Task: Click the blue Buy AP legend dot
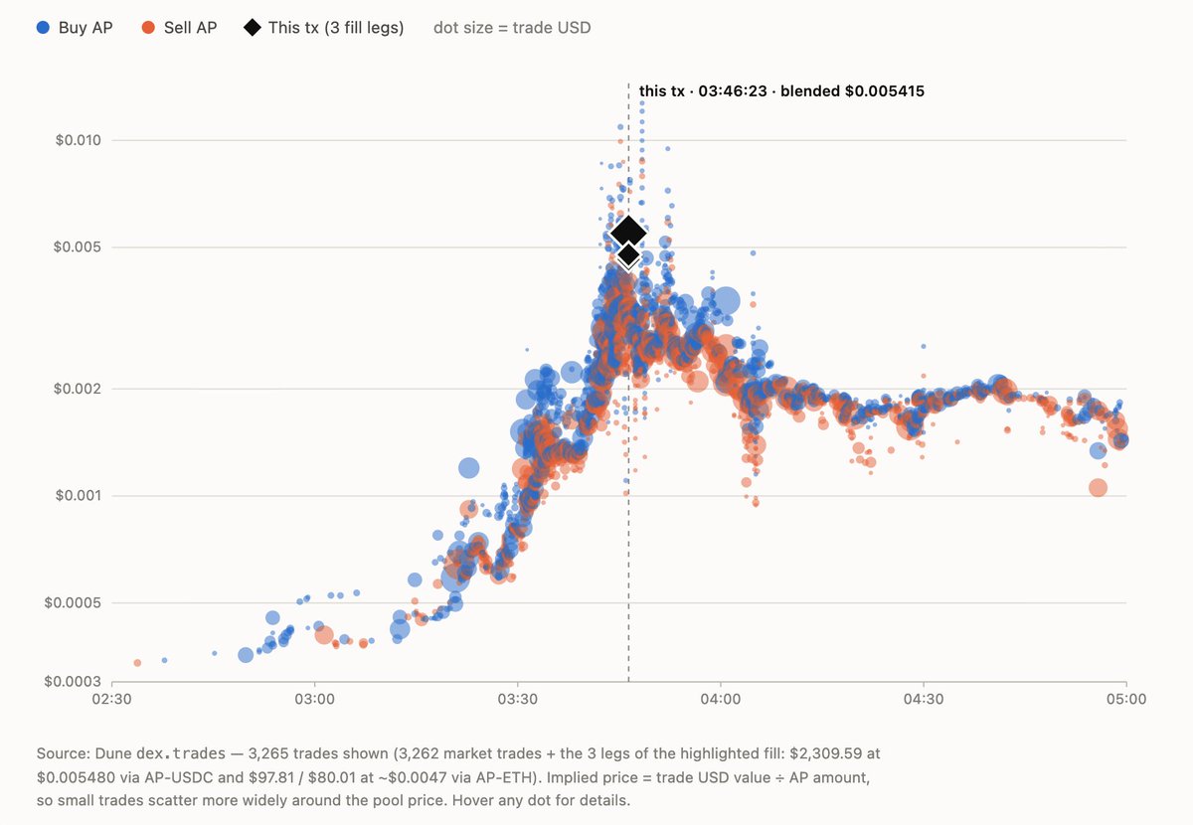43,28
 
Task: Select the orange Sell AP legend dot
148,28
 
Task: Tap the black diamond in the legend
253,28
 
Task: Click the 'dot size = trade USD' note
512,28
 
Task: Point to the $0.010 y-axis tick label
78,140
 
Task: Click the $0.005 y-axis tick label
78,247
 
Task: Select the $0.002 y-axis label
78,389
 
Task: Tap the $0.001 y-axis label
78,496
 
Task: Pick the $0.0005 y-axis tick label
73,603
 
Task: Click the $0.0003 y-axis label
73,681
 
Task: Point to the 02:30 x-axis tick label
111,699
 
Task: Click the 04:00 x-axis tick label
721,699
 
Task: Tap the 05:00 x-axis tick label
1126,699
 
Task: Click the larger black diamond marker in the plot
628,233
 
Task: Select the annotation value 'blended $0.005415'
852,91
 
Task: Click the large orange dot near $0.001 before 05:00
1099,487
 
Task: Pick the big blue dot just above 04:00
726,301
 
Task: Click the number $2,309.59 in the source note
825,753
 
